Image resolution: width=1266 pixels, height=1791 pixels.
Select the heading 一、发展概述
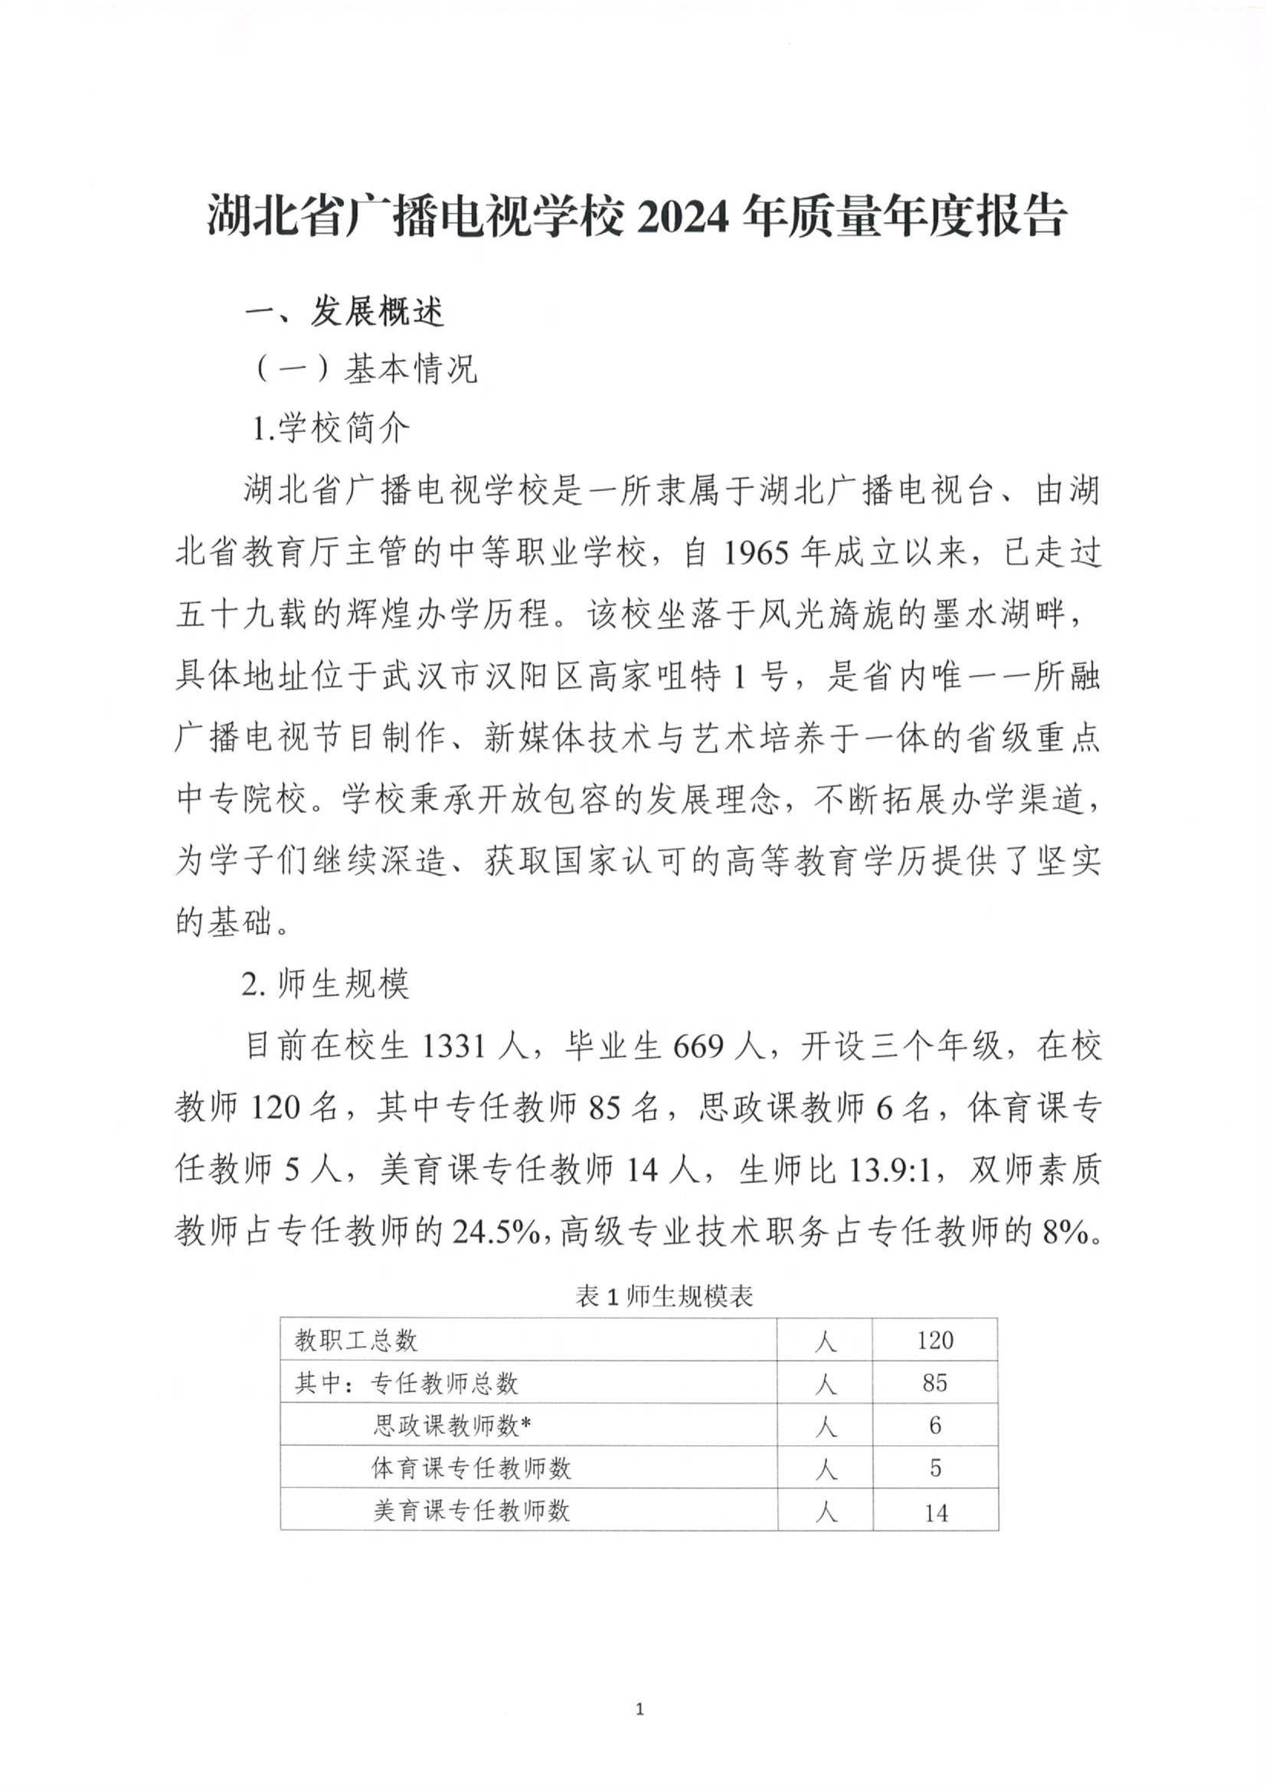[x=345, y=313]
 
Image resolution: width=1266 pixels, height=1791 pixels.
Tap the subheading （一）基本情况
[x=364, y=369]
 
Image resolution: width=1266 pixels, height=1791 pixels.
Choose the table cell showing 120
[x=934, y=1340]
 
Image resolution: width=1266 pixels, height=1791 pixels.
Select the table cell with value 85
[x=934, y=1383]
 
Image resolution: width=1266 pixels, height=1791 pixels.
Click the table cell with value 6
[x=934, y=1426]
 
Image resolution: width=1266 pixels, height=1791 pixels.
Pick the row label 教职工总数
[x=355, y=1340]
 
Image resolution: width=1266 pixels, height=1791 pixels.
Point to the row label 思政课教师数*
[x=453, y=1426]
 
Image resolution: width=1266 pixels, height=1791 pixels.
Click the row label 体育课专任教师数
[x=471, y=1468]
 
